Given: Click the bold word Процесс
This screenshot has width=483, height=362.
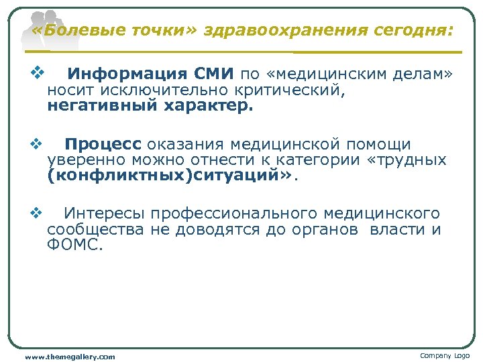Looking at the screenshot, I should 103,145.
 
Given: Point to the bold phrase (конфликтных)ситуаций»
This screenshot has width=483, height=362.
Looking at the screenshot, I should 170,176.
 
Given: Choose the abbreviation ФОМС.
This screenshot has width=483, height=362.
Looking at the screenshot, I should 73,245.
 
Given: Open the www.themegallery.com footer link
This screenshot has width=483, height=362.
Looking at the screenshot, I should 70,357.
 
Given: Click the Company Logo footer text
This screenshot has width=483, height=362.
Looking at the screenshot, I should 445,355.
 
